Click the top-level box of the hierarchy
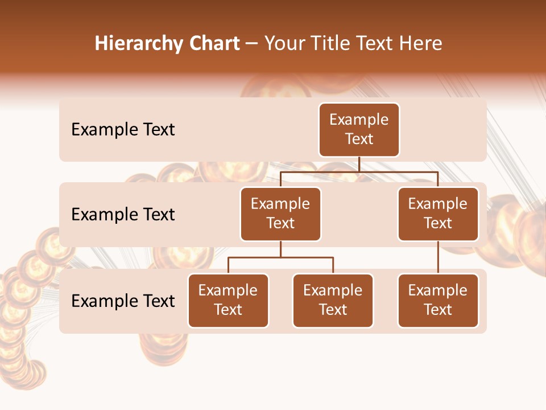[x=359, y=130]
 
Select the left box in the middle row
[x=280, y=214]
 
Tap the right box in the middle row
[x=438, y=214]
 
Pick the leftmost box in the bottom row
[x=228, y=301]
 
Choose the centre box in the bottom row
[x=333, y=301]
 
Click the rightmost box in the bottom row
[x=438, y=301]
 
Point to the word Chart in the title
[x=214, y=44]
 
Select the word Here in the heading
[x=420, y=44]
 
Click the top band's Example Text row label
[x=123, y=130]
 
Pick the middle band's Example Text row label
[x=123, y=215]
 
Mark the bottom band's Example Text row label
[x=123, y=301]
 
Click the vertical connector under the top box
[x=359, y=165]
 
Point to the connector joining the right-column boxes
[x=438, y=257]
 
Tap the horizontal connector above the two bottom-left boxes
[x=280, y=258]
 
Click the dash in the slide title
[x=252, y=44]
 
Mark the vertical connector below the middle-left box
[x=280, y=249]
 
